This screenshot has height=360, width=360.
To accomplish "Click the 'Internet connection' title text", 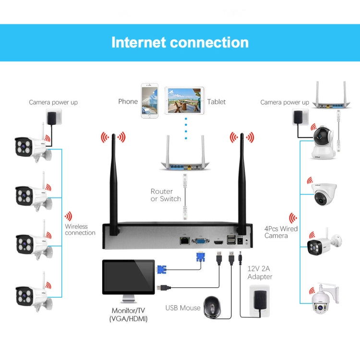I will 180,42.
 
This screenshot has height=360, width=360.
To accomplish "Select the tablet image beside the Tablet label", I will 184,101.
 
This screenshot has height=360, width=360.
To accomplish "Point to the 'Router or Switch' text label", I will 166,195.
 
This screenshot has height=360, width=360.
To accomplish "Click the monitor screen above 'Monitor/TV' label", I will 128,277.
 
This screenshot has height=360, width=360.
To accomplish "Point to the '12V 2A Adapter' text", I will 260,273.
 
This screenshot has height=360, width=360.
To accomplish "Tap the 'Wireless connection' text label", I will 80,229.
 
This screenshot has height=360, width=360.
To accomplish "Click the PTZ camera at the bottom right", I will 324,300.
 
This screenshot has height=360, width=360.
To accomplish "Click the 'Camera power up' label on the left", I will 53,102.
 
